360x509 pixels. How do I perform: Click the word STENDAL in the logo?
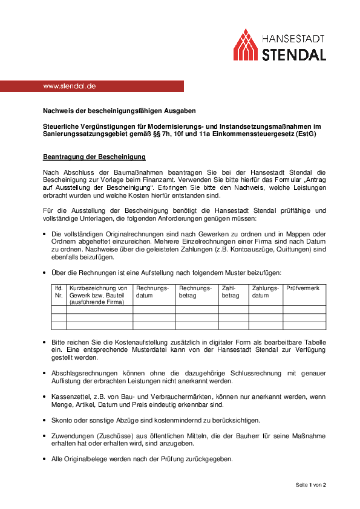294,54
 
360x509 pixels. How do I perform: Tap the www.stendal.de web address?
69,86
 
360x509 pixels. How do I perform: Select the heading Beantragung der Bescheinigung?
94,157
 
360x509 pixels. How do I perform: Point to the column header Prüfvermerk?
303,288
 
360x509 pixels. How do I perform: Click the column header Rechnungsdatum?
152,292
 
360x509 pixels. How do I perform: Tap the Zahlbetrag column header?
231,292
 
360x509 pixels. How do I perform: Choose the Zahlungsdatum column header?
265,292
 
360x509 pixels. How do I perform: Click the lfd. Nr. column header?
59,292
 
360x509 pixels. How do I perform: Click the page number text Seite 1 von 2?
310,485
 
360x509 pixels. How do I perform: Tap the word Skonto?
63,419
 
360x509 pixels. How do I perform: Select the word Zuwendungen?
74,436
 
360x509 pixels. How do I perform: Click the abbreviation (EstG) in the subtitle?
305,134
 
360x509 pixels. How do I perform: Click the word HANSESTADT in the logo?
294,37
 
